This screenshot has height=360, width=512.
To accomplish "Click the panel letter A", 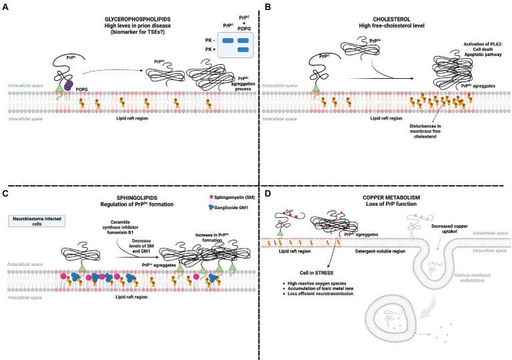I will tap(5, 6).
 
